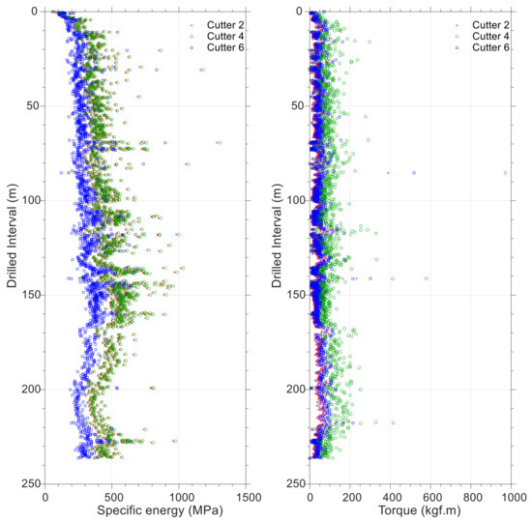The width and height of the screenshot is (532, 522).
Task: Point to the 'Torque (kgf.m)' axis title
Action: (x=414, y=511)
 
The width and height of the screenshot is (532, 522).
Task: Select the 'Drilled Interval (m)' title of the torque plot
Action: (x=277, y=246)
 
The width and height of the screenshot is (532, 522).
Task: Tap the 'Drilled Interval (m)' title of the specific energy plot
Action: (x=13, y=246)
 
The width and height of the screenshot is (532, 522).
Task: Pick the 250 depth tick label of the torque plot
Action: (x=293, y=483)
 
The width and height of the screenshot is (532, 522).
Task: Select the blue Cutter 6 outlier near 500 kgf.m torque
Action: (x=414, y=173)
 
